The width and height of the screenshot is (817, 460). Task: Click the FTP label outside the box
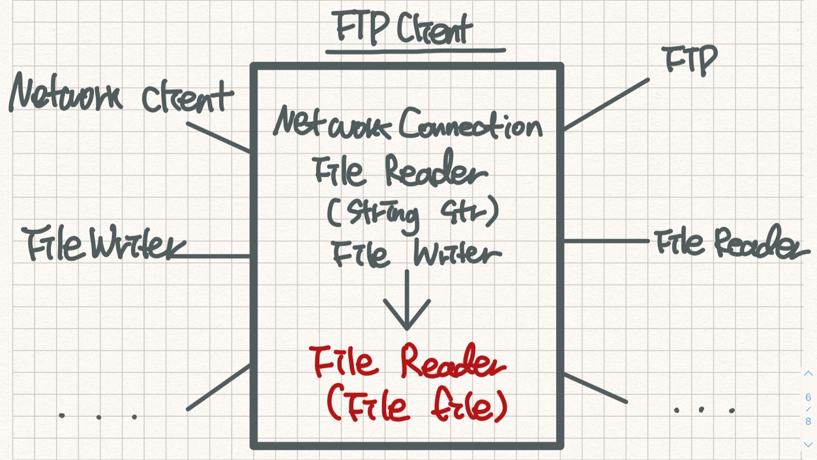click(x=690, y=61)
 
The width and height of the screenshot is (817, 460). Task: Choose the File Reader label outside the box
click(x=730, y=244)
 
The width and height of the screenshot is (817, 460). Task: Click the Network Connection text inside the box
click(x=408, y=124)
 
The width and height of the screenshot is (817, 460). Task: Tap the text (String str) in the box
click(x=413, y=213)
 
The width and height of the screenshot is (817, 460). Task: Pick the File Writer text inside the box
click(x=416, y=253)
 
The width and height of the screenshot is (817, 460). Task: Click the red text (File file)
click(x=416, y=406)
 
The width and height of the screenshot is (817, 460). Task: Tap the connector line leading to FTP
click(x=606, y=104)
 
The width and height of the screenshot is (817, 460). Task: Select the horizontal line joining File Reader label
click(x=606, y=241)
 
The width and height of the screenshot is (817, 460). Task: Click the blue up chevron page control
click(x=808, y=373)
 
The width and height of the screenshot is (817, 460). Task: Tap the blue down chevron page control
click(x=808, y=444)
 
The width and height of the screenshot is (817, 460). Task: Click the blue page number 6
click(x=808, y=397)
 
